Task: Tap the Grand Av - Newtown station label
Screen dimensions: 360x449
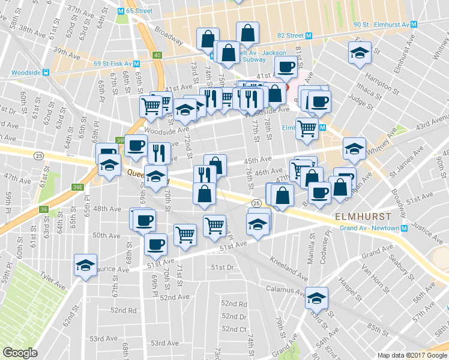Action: click(x=370, y=229)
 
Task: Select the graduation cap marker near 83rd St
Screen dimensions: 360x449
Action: click(x=316, y=298)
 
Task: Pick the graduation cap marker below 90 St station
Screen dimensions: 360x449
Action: click(x=360, y=52)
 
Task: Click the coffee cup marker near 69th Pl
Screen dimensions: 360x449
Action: click(x=155, y=244)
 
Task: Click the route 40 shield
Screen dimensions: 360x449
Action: click(x=157, y=55)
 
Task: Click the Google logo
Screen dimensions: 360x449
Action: click(x=20, y=353)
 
